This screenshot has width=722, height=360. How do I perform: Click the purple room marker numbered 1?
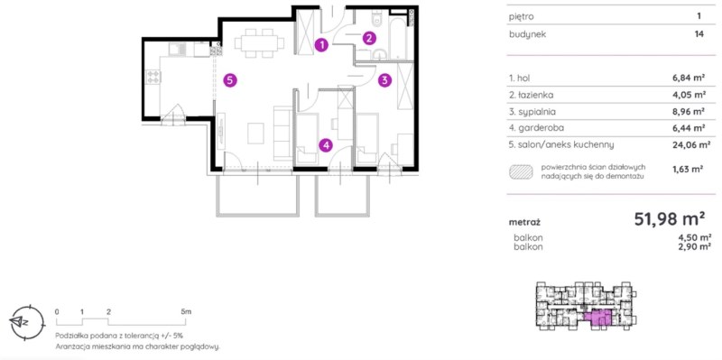pyautogui.click(x=322, y=44)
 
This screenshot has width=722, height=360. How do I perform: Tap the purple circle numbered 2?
pyautogui.click(x=369, y=38)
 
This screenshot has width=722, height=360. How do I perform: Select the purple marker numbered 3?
pyautogui.click(x=385, y=80)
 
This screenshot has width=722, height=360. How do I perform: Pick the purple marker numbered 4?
pyautogui.click(x=326, y=145)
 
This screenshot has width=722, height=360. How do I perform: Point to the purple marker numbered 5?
pyautogui.click(x=230, y=80)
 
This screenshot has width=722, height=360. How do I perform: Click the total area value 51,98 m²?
pyautogui.click(x=670, y=219)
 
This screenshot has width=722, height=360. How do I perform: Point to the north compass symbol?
pyautogui.click(x=27, y=321)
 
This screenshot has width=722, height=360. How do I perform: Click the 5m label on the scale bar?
pyautogui.click(x=186, y=311)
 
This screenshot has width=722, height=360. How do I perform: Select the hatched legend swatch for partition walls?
pyautogui.click(x=521, y=172)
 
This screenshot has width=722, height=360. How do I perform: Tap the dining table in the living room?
pyautogui.click(x=259, y=43)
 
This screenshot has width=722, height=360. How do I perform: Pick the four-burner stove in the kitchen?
pyautogui.click(x=153, y=77)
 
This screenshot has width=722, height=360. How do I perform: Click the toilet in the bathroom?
pyautogui.click(x=377, y=17)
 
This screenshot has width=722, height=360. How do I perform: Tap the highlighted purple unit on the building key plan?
pyautogui.click(x=598, y=318)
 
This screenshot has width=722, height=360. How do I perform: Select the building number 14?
pyautogui.click(x=700, y=34)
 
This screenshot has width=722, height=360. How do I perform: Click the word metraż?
pyautogui.click(x=524, y=222)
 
